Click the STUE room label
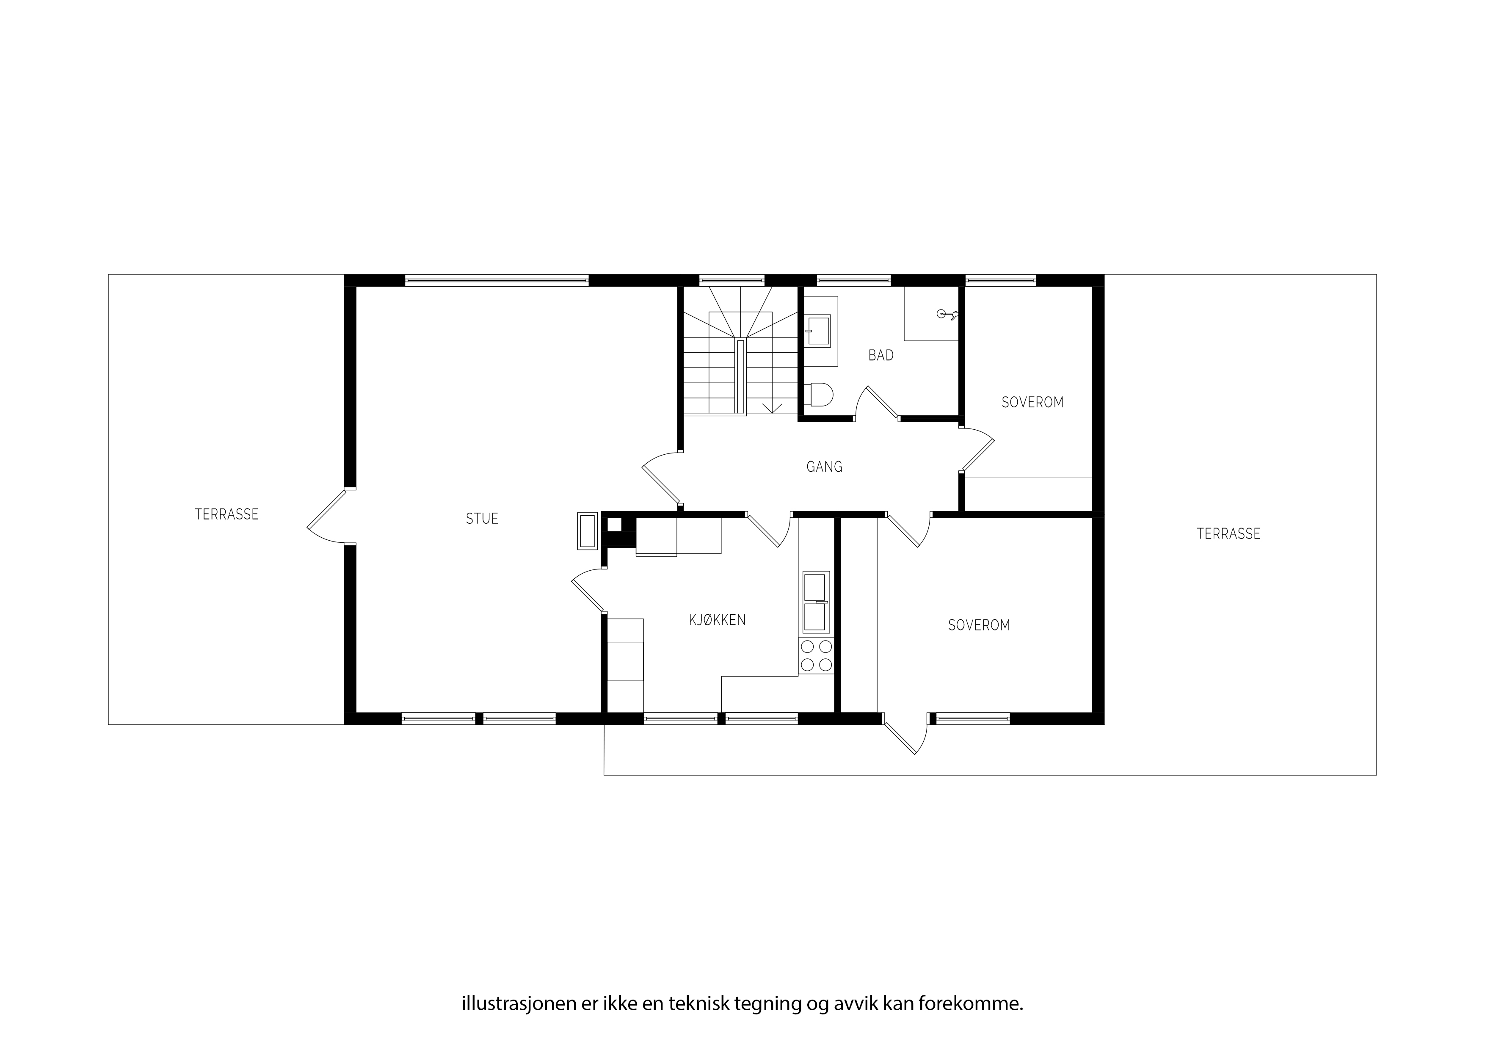coord(482,519)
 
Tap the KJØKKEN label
coord(717,620)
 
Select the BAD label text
coord(881,355)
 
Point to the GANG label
coord(825,467)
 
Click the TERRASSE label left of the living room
coord(226,514)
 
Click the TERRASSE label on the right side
coord(1228,534)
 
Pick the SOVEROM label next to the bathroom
coord(1032,402)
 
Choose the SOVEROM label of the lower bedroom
coord(979,625)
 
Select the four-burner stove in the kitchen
coord(816,655)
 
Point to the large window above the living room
coord(497,280)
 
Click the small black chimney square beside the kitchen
coord(614,525)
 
